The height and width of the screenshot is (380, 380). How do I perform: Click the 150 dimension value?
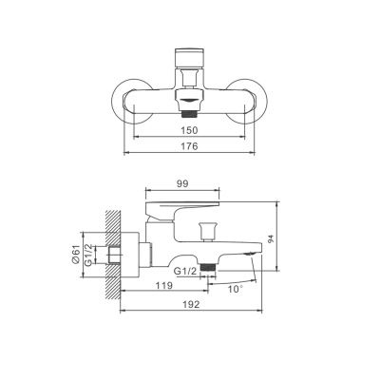tap(190, 130)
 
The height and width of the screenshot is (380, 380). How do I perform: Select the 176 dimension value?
tap(190, 146)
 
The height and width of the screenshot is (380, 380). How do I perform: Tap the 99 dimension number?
tap(182, 183)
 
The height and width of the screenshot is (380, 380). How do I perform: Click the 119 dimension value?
tap(164, 285)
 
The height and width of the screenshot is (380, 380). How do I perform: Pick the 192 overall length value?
tap(192, 304)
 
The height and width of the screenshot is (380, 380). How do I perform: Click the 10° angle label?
tap(236, 289)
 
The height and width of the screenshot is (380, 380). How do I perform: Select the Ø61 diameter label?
tap(75, 255)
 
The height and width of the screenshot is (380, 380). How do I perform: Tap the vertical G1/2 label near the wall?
tap(89, 255)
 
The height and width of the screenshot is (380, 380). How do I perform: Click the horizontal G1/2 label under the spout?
tap(185, 271)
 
